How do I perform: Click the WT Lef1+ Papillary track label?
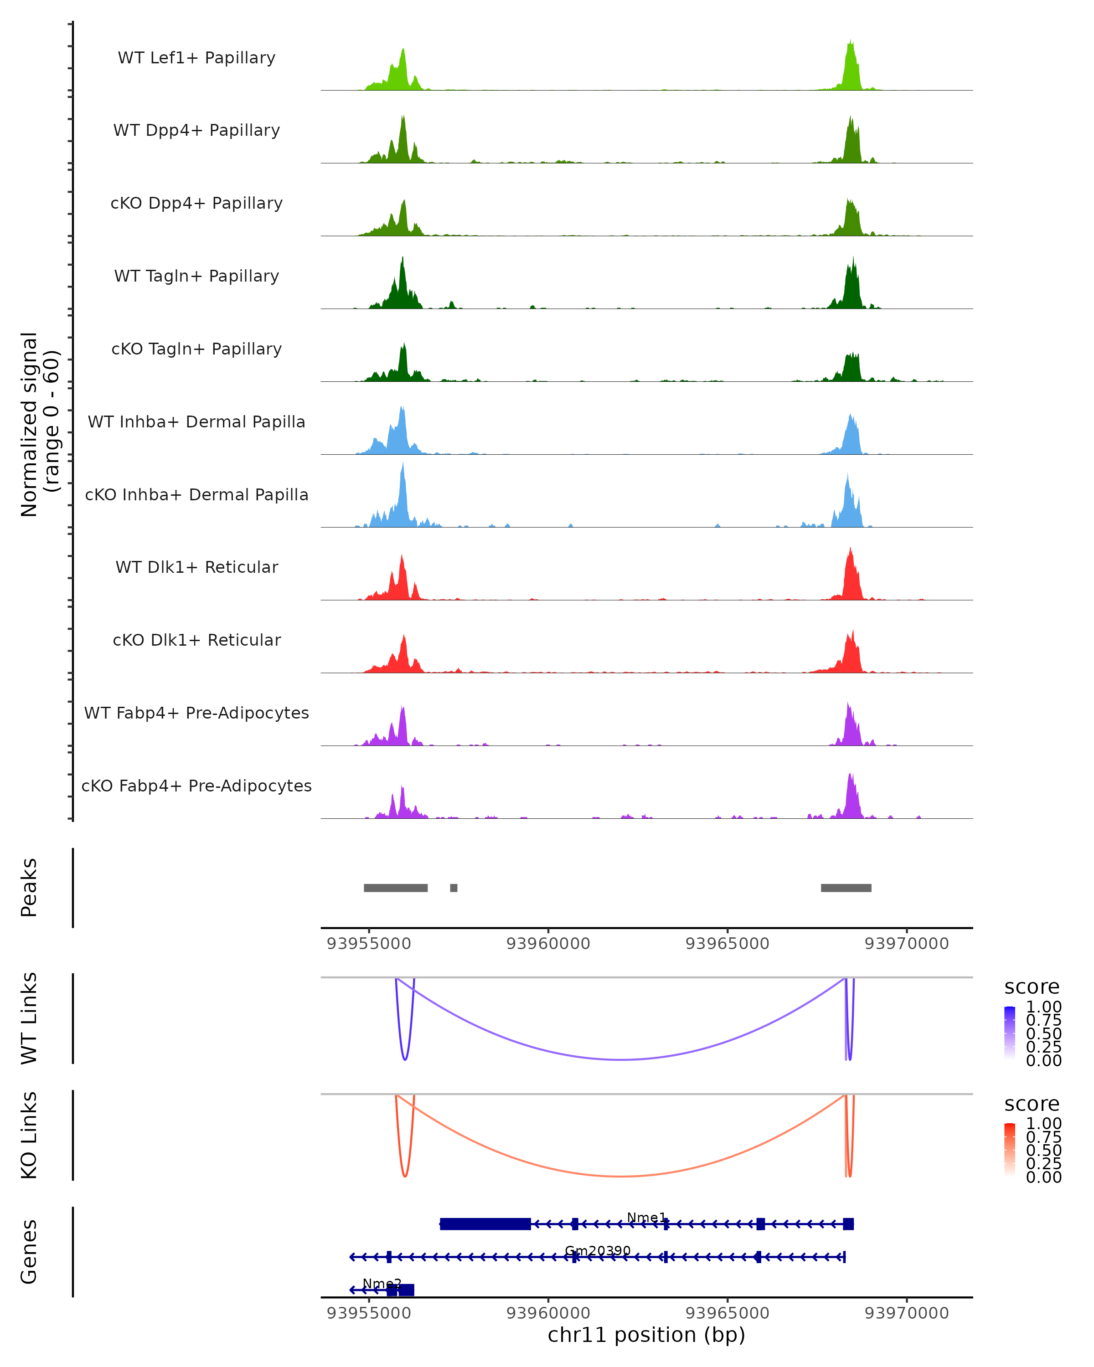point(196,58)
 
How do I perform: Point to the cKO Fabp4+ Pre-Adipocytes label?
point(196,786)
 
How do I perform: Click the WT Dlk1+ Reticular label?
point(196,567)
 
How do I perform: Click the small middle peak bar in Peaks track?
point(454,888)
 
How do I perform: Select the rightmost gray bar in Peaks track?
point(846,888)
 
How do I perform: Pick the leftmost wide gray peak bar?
point(396,888)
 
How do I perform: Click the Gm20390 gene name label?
point(598,1250)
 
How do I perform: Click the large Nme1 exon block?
point(485,1224)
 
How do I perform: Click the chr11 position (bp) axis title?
point(646,1335)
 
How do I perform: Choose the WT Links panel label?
point(29,1018)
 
